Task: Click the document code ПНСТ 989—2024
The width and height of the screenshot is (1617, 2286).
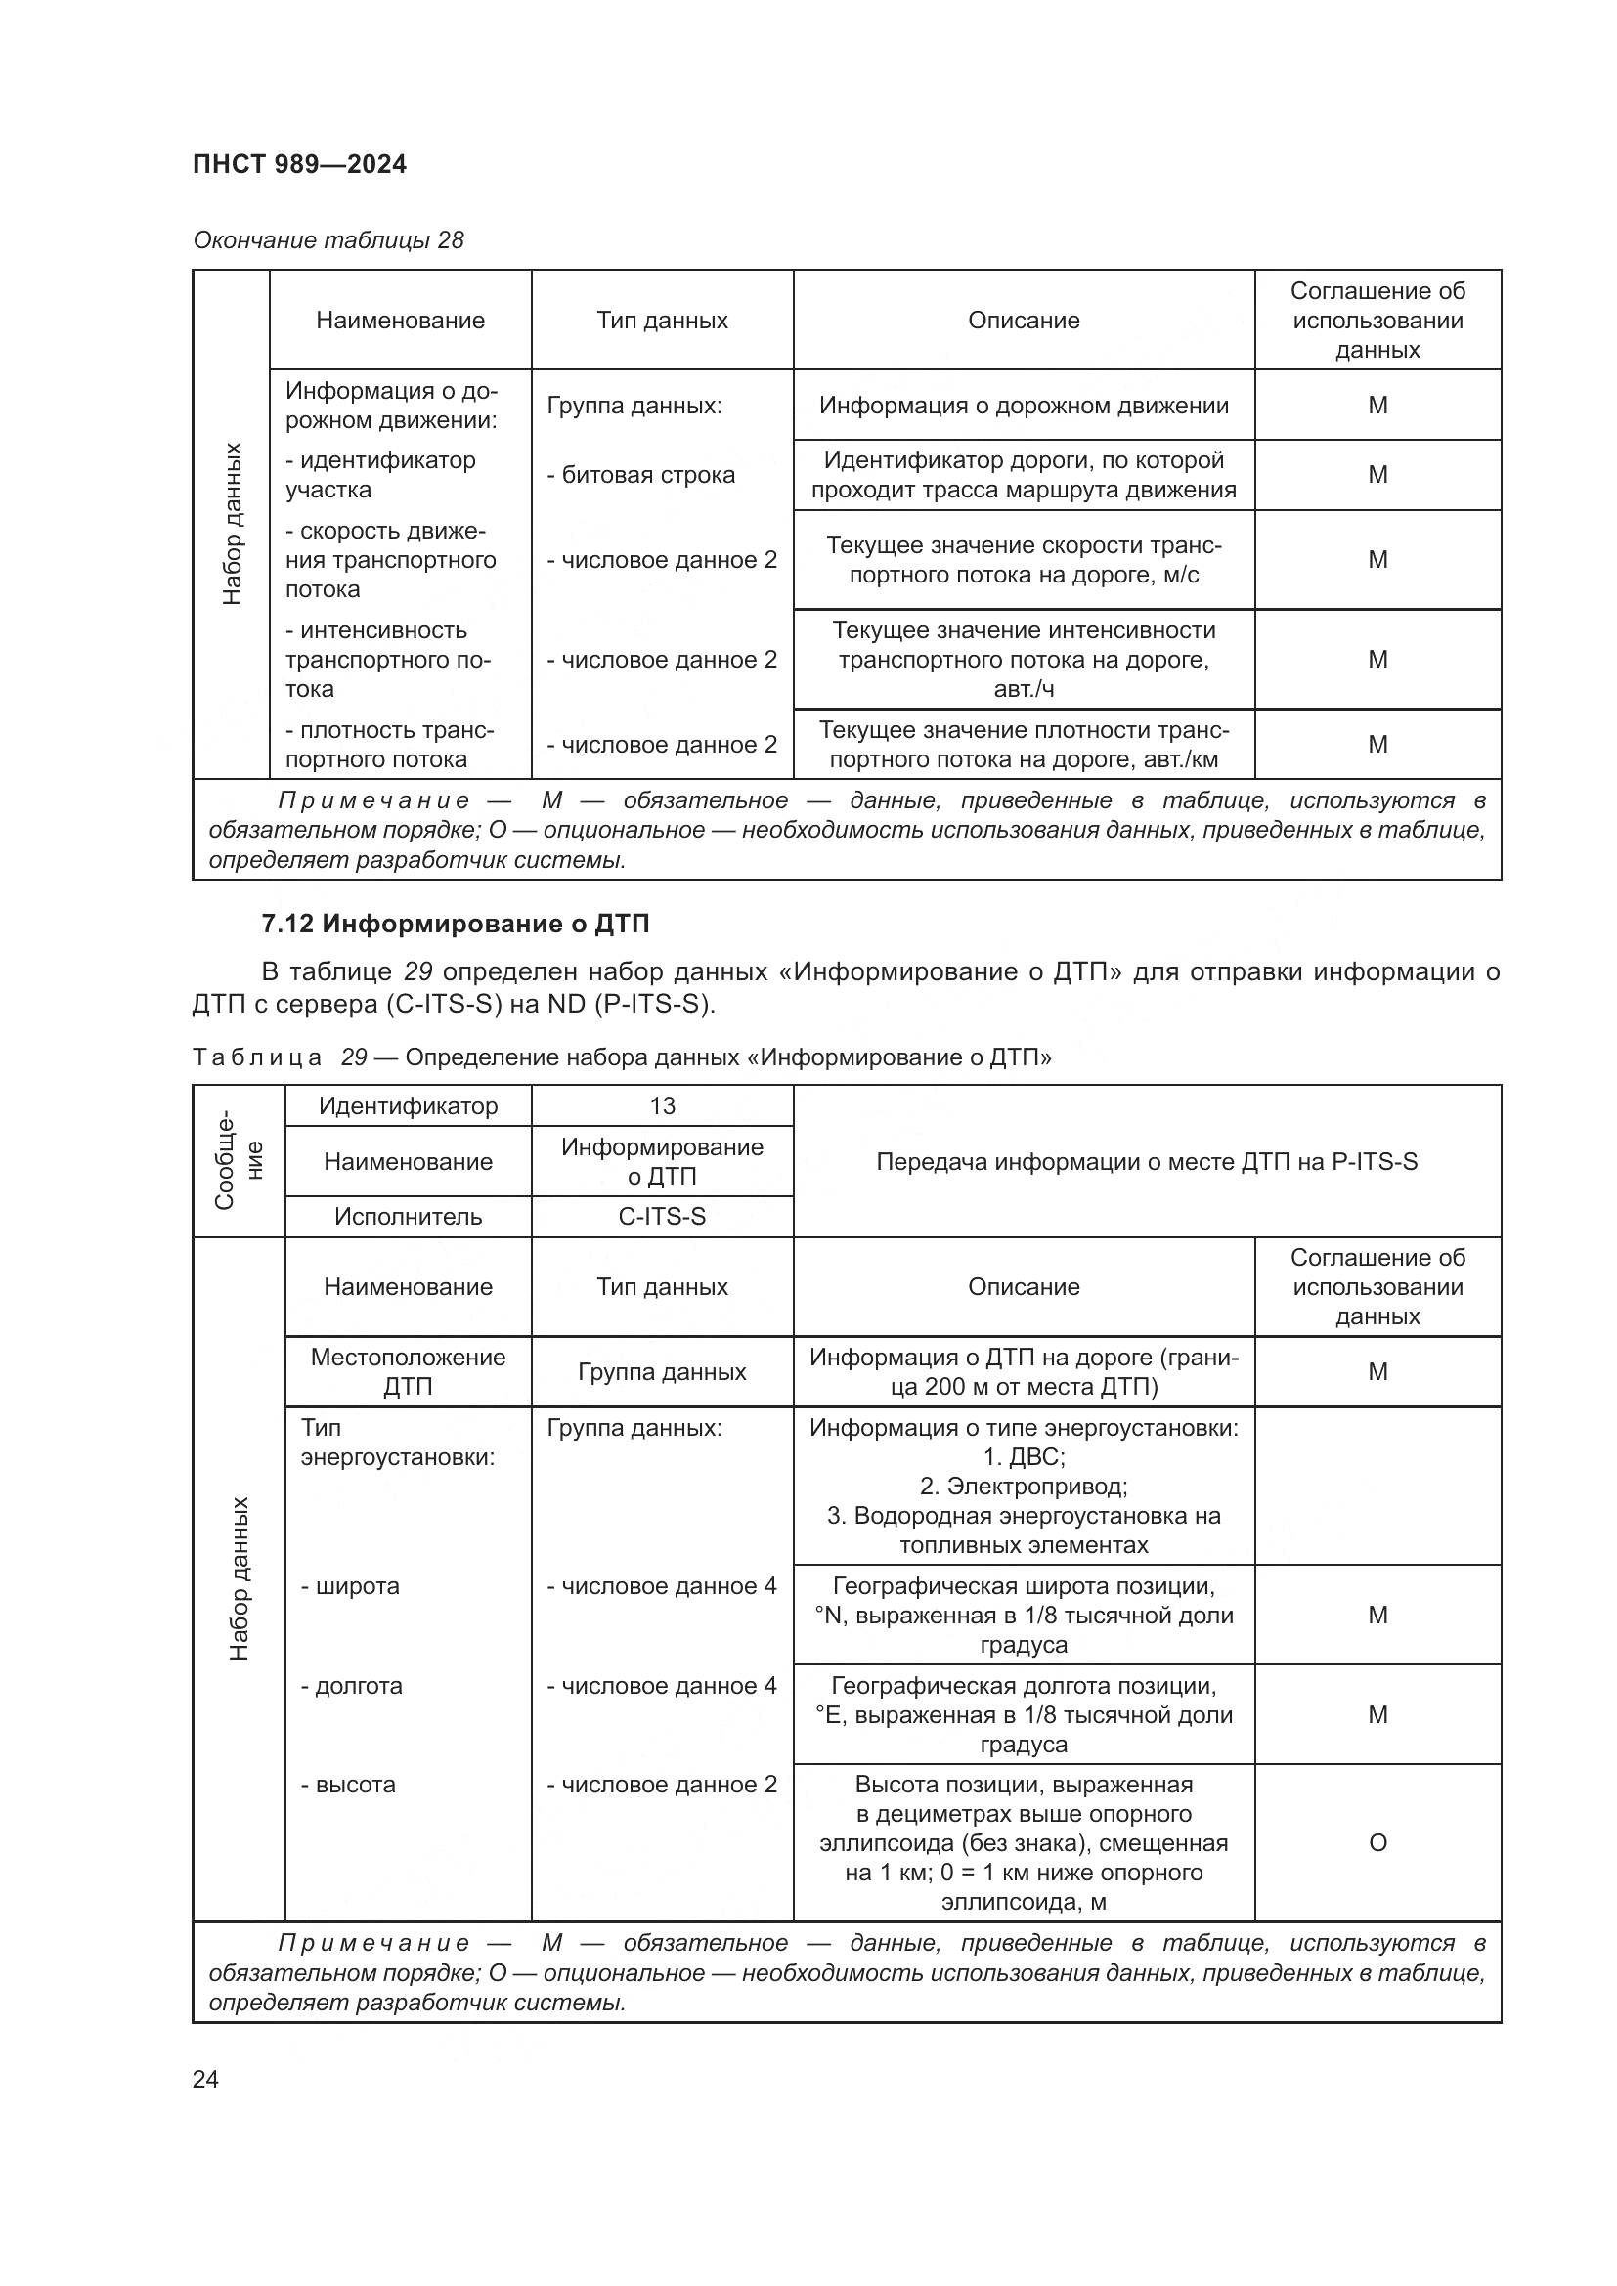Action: click(x=299, y=164)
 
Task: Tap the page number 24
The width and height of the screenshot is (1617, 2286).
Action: click(x=205, y=2079)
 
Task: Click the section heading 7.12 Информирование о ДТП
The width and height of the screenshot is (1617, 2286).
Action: click(x=455, y=924)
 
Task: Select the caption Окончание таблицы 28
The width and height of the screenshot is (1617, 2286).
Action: click(x=328, y=240)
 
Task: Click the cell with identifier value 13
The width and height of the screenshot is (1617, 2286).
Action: click(x=661, y=1106)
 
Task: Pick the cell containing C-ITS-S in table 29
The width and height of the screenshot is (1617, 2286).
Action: click(x=661, y=1217)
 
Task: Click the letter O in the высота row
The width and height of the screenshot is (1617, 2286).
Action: click(x=1377, y=1843)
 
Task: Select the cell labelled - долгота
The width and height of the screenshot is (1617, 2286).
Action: click(x=352, y=1686)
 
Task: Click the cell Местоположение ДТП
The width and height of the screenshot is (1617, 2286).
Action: click(x=408, y=1371)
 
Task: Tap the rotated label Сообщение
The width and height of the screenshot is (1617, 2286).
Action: click(x=238, y=1161)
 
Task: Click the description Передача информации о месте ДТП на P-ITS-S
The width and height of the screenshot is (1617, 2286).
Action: click(x=1146, y=1161)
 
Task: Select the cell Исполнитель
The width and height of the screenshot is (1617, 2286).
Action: click(x=408, y=1217)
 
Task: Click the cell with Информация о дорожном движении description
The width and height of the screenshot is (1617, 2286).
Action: click(x=1024, y=406)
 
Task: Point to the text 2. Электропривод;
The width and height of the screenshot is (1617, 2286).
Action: click(x=1024, y=1487)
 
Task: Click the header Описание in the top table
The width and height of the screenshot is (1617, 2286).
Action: click(x=1024, y=321)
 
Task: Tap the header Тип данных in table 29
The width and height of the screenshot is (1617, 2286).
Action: click(x=661, y=1286)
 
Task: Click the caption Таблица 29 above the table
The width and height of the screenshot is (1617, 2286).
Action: click(x=622, y=1057)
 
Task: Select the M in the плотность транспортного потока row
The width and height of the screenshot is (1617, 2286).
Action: click(x=1377, y=745)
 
